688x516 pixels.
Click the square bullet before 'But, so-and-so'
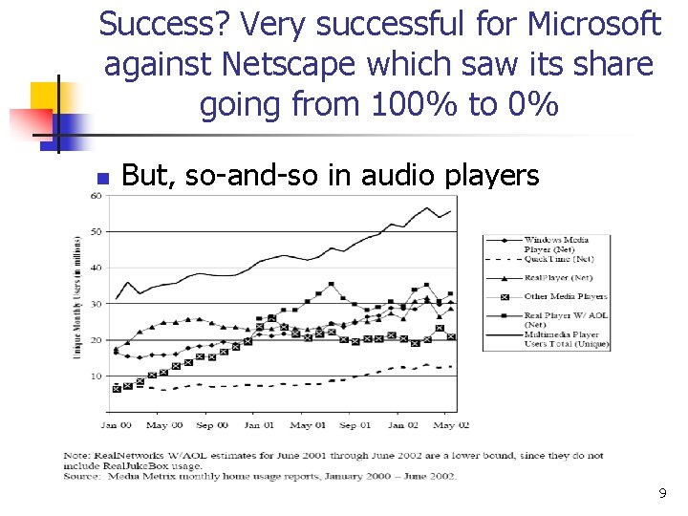tap(104, 177)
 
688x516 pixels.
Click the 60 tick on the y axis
tap(96, 196)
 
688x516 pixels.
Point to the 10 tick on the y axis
tap(96, 376)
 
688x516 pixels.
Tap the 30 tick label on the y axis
tap(96, 304)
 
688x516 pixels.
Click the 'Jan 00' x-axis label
tap(116, 424)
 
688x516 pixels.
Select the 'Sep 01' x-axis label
tap(355, 424)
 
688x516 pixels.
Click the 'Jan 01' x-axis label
tap(258, 424)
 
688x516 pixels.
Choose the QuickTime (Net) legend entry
tap(558, 258)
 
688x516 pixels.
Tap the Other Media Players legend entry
tap(565, 296)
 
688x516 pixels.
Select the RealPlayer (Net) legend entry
tap(559, 277)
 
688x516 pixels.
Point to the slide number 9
tap(661, 494)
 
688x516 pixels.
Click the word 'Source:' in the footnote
tap(82, 476)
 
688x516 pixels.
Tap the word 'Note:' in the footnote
tap(79, 455)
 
